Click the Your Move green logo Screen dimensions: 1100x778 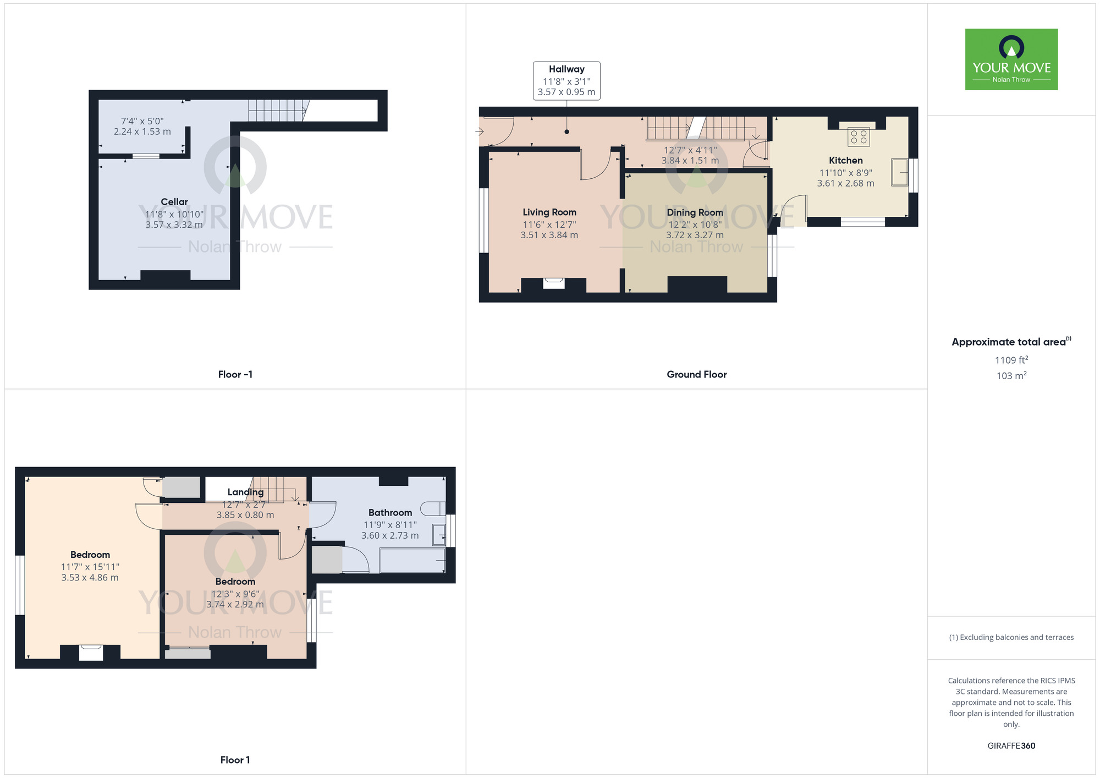(1011, 59)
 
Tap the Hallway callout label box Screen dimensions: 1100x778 (566, 81)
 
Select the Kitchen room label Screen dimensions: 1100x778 (846, 161)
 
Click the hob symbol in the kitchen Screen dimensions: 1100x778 (859, 136)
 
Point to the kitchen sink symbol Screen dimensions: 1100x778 (900, 172)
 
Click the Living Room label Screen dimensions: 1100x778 (549, 212)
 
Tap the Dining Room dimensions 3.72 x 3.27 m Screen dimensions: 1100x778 (695, 235)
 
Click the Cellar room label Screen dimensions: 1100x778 (174, 202)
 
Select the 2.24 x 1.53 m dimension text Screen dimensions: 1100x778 (142, 132)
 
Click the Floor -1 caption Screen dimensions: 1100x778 (235, 375)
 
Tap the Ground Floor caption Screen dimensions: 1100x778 (697, 375)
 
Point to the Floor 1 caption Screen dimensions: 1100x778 (235, 760)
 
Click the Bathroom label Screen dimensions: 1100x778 (390, 513)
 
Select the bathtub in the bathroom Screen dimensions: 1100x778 (413, 561)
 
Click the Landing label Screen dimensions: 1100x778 (245, 492)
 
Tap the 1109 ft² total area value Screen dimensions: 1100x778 (1011, 360)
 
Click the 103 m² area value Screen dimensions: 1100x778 (1011, 375)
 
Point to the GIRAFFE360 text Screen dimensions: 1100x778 (1011, 746)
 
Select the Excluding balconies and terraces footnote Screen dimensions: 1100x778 (1011, 637)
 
